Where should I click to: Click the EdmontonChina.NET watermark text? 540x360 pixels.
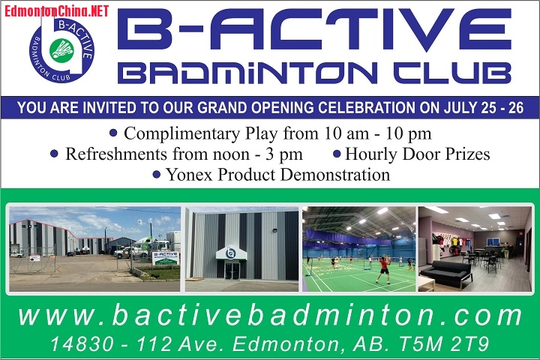tap(57, 10)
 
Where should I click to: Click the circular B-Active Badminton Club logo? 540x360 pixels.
tap(62, 49)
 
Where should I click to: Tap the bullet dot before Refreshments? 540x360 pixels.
tap(54, 154)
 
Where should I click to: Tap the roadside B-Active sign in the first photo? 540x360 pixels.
tap(165, 257)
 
